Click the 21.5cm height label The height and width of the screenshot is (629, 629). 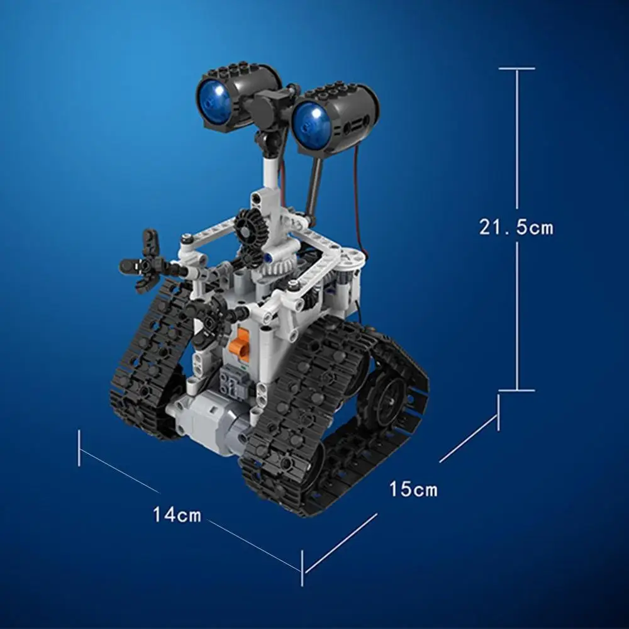[516, 226]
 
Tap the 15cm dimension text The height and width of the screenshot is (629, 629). [413, 489]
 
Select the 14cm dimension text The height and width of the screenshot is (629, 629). [177, 515]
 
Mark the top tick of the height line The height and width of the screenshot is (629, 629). [517, 69]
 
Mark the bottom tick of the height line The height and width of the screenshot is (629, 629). [517, 391]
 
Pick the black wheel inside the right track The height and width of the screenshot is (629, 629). [388, 396]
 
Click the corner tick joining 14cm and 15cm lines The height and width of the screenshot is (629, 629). [303, 561]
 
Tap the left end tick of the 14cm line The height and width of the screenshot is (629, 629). [79, 448]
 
